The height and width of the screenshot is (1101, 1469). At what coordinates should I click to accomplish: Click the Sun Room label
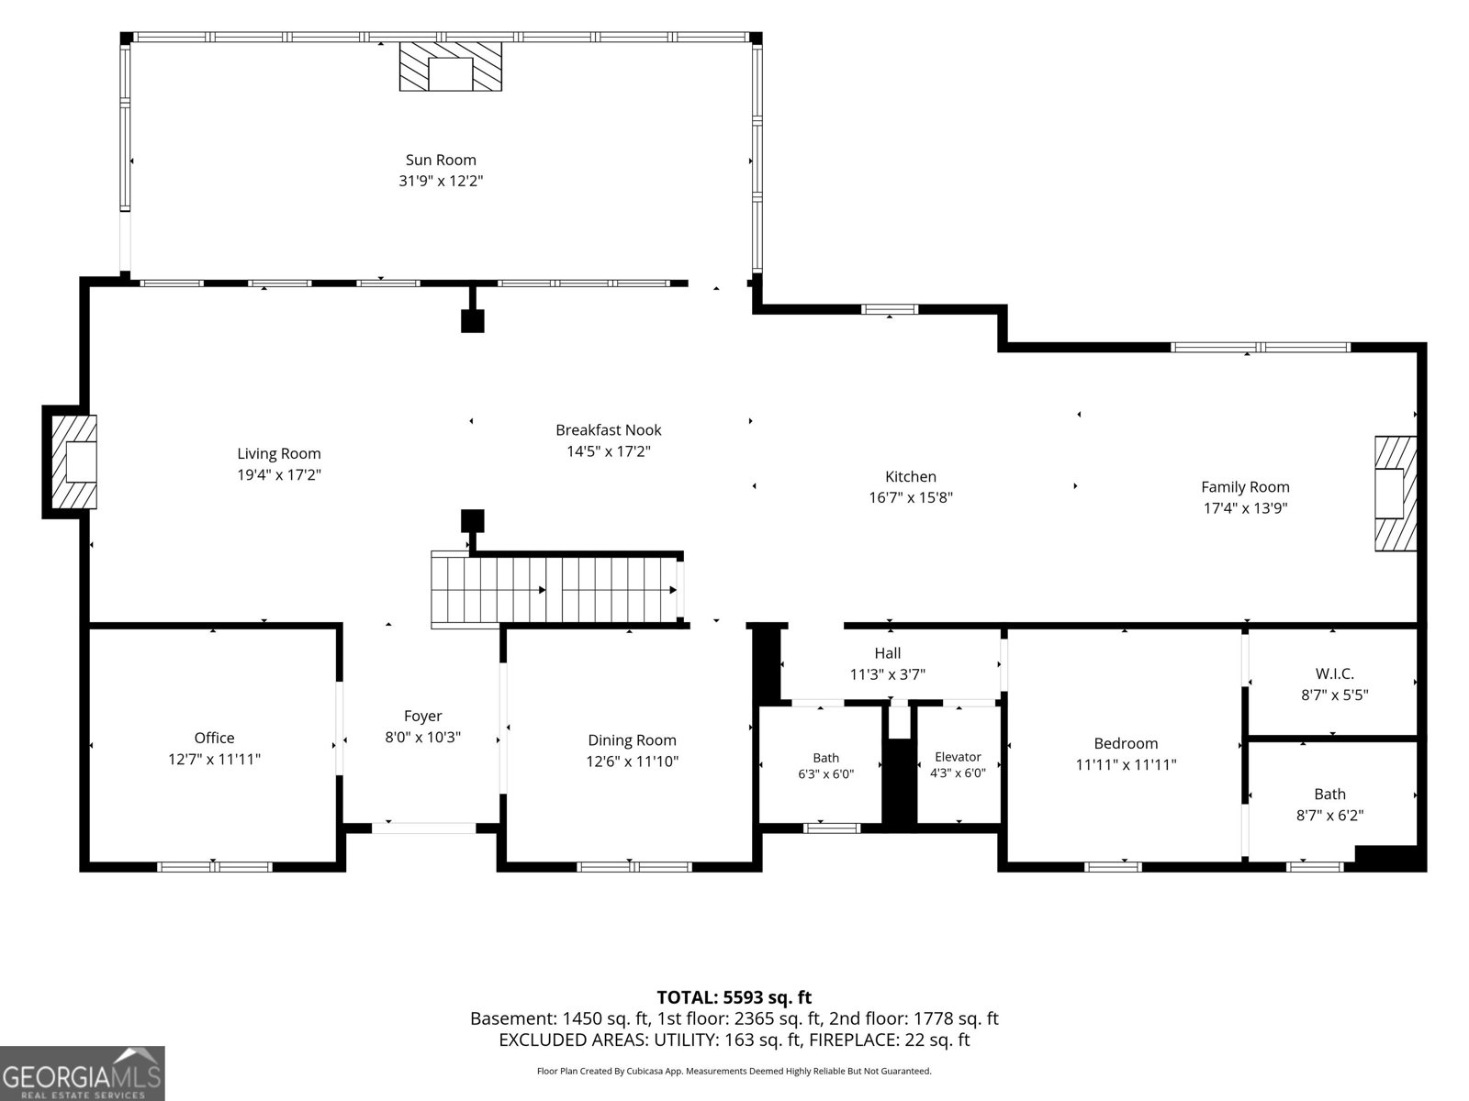coord(441,160)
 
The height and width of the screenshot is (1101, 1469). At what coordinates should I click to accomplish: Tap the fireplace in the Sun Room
coord(451,66)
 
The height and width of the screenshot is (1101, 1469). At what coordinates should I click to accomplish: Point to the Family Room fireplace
coord(1396,494)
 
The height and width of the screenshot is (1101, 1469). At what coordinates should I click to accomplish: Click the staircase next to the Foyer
coord(555,590)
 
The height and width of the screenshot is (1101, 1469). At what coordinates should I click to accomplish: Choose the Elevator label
coord(958,757)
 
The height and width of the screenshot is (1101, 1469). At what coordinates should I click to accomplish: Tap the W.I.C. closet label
coord(1334,673)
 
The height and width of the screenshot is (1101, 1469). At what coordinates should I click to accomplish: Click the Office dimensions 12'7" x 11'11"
coord(214,759)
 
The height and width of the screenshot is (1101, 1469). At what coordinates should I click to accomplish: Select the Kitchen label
coord(910,476)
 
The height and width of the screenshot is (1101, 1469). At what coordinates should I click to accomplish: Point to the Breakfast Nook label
coord(609,429)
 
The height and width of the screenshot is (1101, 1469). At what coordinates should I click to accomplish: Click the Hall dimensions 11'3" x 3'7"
coord(888,673)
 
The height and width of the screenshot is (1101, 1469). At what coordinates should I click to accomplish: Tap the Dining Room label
coord(632,740)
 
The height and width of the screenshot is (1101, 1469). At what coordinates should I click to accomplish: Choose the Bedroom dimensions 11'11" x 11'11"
coord(1126,764)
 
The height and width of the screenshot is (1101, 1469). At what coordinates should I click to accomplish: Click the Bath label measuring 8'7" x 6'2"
coord(1329,794)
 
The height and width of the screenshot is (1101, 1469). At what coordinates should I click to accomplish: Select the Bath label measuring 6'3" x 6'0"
coord(825,758)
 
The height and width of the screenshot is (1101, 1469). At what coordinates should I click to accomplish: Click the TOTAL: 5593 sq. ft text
coord(734,996)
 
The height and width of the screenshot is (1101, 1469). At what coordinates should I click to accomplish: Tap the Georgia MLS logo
coord(83,1073)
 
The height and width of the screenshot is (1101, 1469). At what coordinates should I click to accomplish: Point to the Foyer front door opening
coord(423,829)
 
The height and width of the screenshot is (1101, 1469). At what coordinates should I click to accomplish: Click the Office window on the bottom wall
coord(215,867)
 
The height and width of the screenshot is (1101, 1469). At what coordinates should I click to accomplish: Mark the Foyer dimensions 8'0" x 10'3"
coord(423,737)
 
